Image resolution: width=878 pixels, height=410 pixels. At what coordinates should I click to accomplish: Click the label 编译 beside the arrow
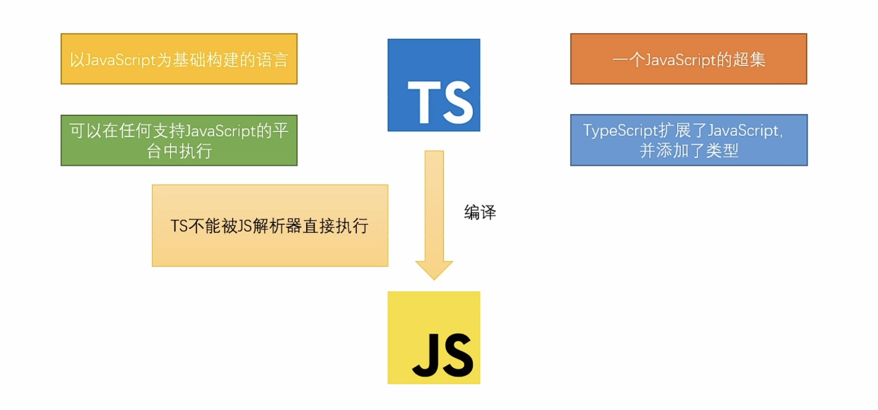[x=480, y=213]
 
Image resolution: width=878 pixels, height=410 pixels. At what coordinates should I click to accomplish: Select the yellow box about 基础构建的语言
[x=179, y=59]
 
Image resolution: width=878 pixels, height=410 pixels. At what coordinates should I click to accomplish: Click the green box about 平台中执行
[x=179, y=140]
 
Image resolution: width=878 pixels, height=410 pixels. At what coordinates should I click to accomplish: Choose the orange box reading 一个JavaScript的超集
[x=688, y=59]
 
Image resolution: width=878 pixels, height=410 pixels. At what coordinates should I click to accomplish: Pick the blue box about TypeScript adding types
[x=688, y=140]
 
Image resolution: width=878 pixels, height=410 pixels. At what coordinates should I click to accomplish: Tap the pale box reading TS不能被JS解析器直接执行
[x=269, y=226]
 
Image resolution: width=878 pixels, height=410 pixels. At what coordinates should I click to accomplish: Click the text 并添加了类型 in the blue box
[x=688, y=151]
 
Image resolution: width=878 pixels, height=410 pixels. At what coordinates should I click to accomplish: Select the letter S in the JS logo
[x=456, y=354]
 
